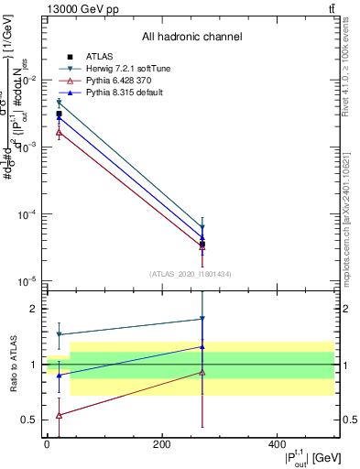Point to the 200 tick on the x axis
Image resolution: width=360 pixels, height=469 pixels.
(162, 443)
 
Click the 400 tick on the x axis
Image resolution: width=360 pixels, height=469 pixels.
(278, 443)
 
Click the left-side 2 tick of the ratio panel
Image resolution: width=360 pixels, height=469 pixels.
(36, 309)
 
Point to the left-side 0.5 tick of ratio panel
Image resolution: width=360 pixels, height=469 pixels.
(32, 420)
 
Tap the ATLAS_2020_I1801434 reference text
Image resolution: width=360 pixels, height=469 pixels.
(191, 274)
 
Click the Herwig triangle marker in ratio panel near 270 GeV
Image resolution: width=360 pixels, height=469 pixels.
(202, 319)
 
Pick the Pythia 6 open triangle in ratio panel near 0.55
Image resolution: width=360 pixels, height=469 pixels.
(60, 415)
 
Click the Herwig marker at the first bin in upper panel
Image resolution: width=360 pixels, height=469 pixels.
(60, 104)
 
